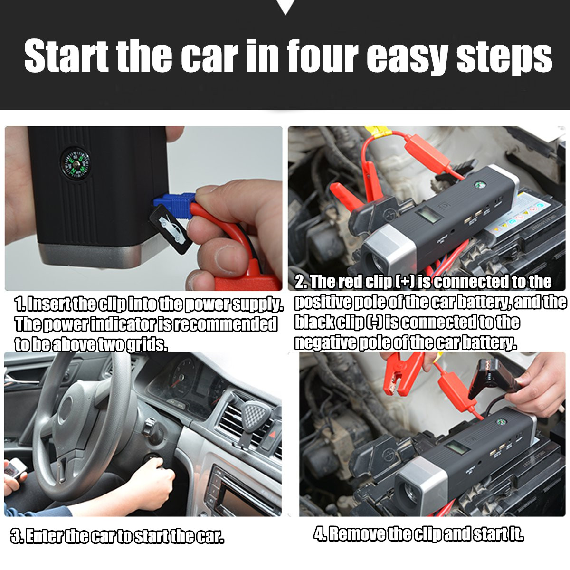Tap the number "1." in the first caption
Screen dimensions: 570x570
pyautogui.click(x=20, y=304)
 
